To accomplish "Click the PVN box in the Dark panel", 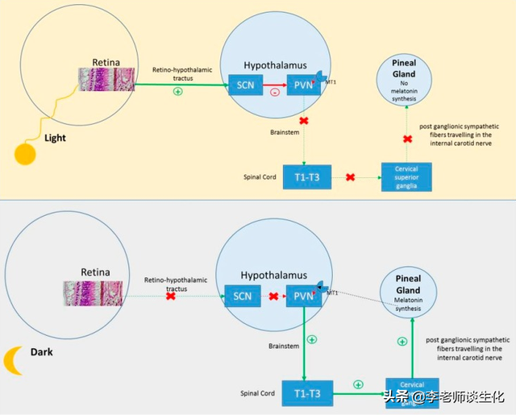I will click(x=303, y=296).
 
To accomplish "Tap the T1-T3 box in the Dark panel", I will click(x=307, y=393).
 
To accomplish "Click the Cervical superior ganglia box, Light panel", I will click(x=406, y=176).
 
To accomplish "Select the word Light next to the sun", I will click(x=55, y=138).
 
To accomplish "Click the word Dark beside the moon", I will click(x=42, y=352).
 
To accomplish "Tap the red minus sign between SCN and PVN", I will click(x=274, y=93).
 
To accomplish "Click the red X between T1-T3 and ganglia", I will click(x=351, y=176).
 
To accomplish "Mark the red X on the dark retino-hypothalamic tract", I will click(x=171, y=297).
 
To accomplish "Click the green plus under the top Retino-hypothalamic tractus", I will click(x=177, y=91).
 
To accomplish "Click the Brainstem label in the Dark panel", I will click(x=284, y=346).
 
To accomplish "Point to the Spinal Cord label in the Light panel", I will click(x=260, y=177).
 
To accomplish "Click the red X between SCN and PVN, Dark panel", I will click(x=273, y=296).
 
